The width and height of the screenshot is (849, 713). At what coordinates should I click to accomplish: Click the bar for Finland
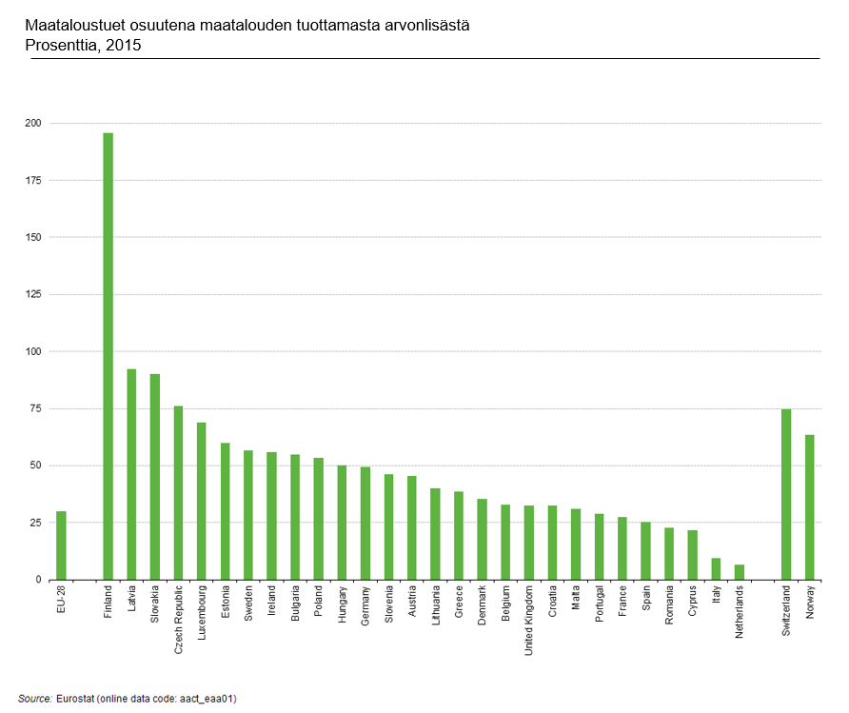pos(108,356)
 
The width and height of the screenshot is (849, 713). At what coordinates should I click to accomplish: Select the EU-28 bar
pos(61,545)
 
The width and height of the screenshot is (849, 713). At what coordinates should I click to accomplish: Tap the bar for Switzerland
pos(786,494)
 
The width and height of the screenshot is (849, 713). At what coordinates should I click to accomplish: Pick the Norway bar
pos(810,507)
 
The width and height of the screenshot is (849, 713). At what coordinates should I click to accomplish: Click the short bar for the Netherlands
pos(740,572)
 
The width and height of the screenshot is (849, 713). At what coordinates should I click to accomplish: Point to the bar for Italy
pos(716,569)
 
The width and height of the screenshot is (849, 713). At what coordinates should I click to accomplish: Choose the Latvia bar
pos(131,474)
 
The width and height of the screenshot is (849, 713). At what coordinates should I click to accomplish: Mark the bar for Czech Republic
pos(178,493)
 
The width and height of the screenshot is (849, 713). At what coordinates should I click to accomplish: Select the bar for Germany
pos(365,523)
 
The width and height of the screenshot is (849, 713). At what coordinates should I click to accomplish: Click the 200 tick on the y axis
pos(33,123)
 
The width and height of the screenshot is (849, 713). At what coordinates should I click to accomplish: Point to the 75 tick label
pos(35,408)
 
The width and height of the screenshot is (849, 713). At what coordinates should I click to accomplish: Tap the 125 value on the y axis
pos(33,294)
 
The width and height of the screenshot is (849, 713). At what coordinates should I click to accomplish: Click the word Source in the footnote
pos(35,699)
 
